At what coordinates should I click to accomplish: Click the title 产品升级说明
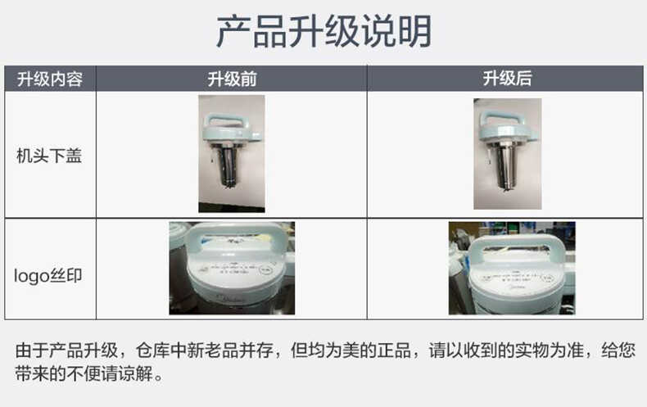[x=323, y=31]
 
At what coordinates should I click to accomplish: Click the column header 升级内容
[x=50, y=79]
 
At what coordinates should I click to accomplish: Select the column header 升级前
[x=232, y=79]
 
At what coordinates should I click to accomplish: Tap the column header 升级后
[x=507, y=79]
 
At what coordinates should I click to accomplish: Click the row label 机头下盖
[x=50, y=155]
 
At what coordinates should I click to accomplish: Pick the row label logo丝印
[x=50, y=275]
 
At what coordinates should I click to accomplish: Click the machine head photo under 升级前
[x=231, y=153]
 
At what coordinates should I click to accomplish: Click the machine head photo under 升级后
[x=507, y=153]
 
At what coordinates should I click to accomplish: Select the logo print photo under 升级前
[x=232, y=268]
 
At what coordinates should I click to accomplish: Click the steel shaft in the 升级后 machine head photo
[x=507, y=168]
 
